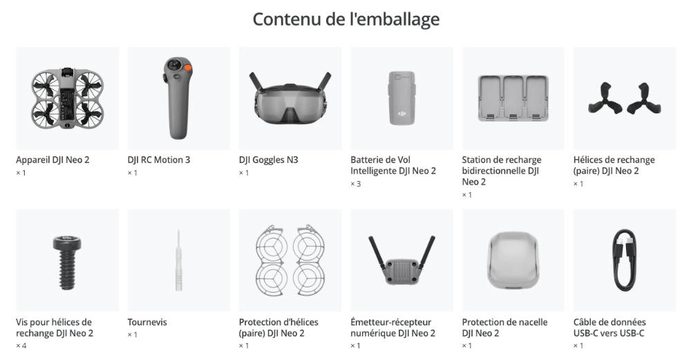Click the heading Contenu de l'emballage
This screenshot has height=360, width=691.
(x=346, y=19)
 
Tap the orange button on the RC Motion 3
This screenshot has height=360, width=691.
(x=187, y=68)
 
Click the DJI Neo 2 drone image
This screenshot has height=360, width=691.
(x=68, y=98)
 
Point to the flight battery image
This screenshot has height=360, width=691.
(x=401, y=98)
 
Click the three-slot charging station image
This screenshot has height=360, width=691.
(x=513, y=98)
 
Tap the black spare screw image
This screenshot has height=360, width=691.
(x=67, y=263)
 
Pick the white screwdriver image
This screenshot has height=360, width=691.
(x=178, y=260)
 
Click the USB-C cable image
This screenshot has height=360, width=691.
(x=625, y=260)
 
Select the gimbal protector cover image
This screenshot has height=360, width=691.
(x=513, y=261)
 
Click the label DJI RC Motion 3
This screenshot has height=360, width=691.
(x=159, y=160)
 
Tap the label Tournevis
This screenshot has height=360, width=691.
(x=147, y=322)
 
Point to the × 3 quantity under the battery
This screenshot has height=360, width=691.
(x=356, y=184)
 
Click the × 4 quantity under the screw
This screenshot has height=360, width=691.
(x=21, y=345)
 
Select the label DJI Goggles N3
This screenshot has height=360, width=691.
(x=268, y=160)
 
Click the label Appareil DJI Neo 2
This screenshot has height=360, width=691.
(x=53, y=160)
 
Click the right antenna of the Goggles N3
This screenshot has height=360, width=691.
(x=325, y=81)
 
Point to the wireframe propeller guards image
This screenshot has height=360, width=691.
(x=290, y=260)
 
